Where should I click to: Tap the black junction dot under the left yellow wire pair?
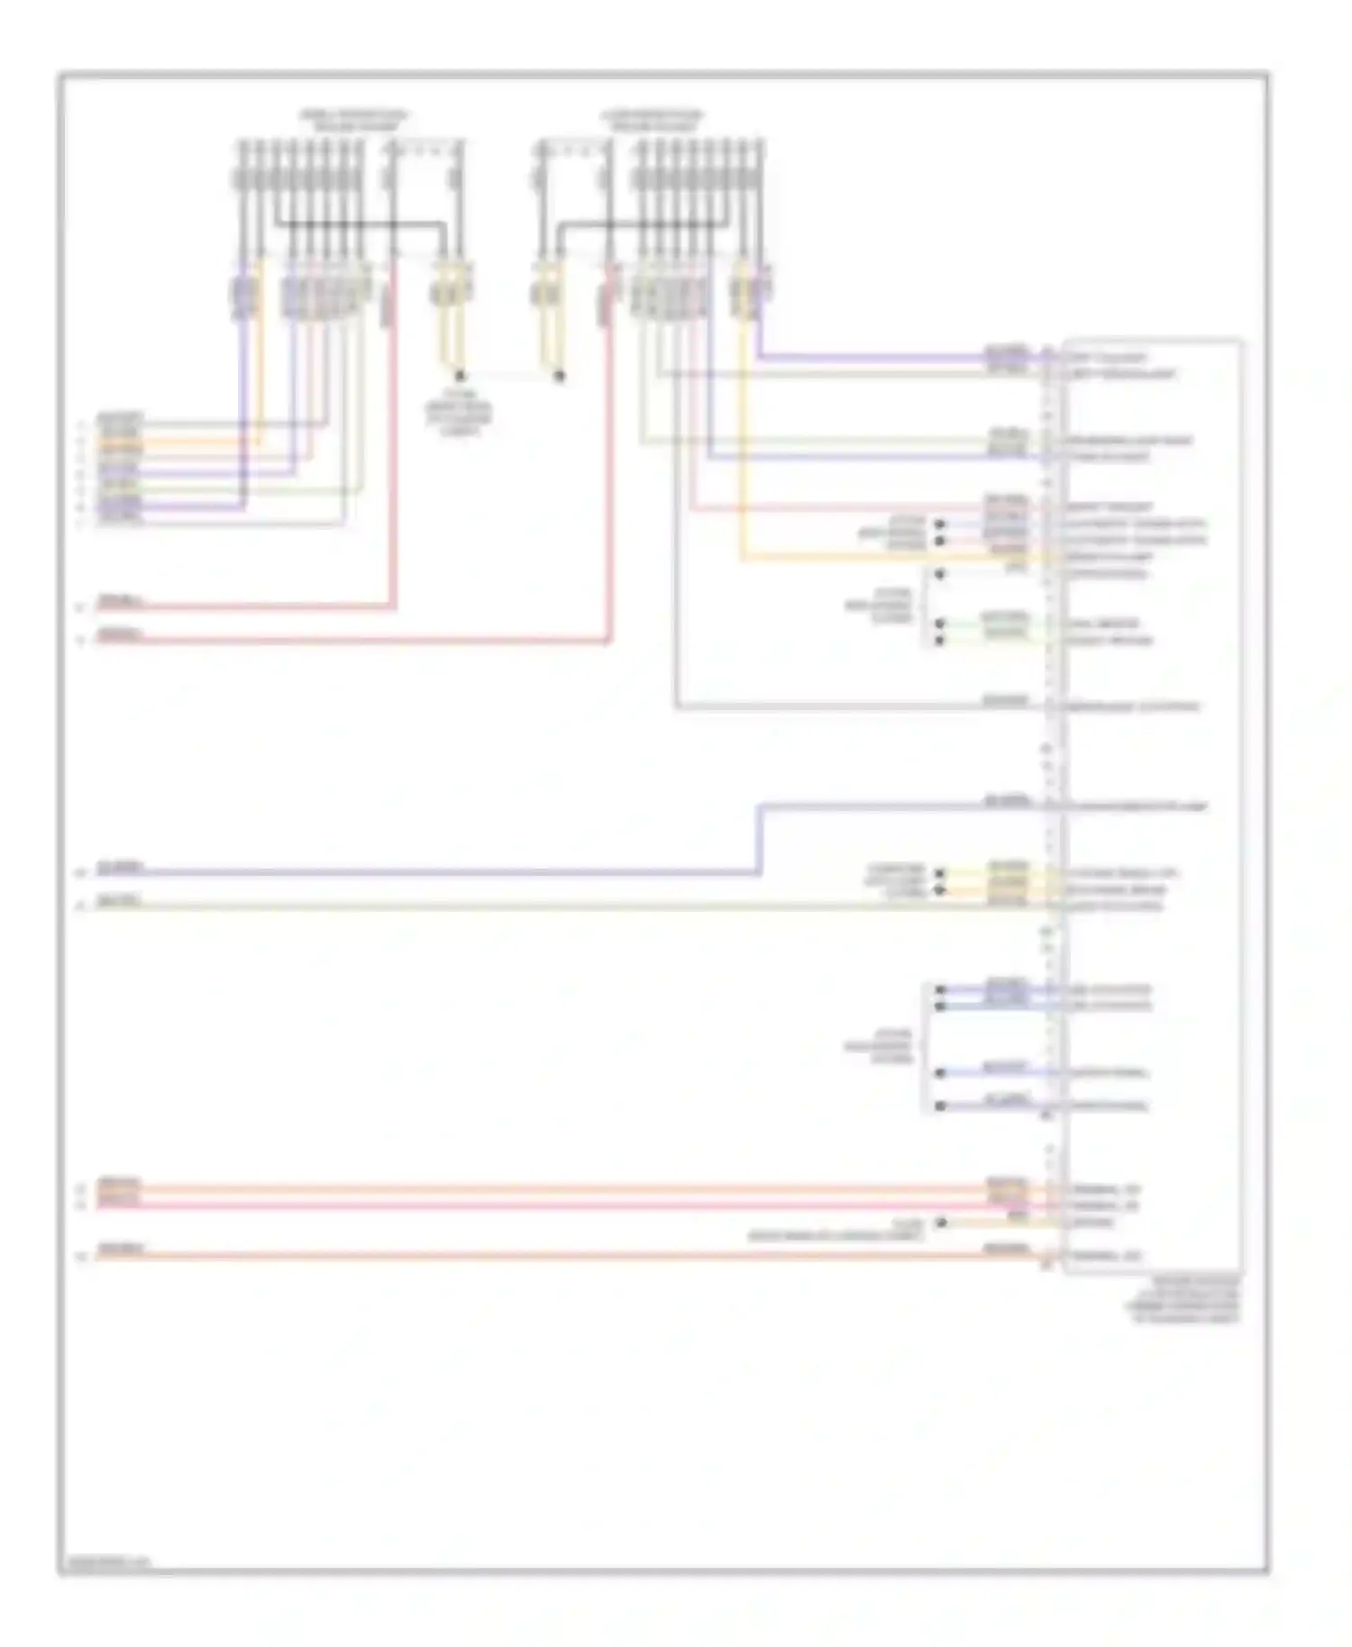460,376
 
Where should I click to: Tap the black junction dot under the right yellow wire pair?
559,376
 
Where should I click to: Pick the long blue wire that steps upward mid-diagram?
451,872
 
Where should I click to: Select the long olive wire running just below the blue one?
541,905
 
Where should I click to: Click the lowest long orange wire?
541,1255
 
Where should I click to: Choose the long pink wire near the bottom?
541,1205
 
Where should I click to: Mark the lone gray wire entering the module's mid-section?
856,707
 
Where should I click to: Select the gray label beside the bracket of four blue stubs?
878,1047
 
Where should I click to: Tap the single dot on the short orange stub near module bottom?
940,1223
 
